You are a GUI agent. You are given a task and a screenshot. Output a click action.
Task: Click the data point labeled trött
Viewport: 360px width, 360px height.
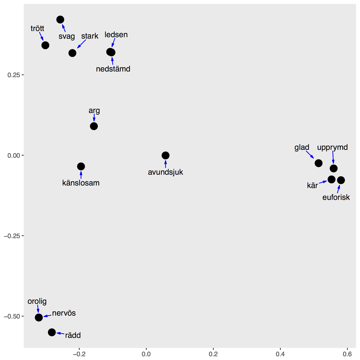coord(45,45)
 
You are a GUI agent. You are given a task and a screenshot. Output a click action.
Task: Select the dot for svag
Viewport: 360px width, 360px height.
coord(60,19)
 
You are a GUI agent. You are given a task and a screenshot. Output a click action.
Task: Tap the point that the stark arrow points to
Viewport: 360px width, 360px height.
coord(72,53)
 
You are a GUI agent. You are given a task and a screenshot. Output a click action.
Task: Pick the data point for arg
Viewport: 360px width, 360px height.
coord(94,126)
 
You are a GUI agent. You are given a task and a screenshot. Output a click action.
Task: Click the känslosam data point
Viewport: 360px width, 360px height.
coord(81,166)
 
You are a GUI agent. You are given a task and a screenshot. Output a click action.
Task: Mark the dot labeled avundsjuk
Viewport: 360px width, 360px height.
coord(165,155)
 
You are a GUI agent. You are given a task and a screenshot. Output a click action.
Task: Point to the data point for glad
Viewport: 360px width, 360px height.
coord(318,163)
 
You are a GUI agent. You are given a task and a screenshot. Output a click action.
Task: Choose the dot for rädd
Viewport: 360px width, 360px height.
coord(52,332)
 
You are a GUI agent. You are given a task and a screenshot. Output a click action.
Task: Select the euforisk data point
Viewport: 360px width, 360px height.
coord(341,180)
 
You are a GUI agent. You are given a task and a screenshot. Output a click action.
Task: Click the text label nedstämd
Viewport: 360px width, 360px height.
coord(113,69)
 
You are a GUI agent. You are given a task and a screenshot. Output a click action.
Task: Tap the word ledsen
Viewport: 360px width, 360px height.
coord(116,35)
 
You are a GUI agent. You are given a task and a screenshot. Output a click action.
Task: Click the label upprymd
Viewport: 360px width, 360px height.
coord(332,147)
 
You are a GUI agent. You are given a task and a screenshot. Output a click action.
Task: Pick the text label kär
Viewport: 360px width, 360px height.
coord(312,186)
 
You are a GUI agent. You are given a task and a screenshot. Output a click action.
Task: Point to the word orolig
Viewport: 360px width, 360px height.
coord(37,301)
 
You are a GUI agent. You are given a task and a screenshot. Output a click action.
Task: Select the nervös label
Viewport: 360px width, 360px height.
coord(64,313)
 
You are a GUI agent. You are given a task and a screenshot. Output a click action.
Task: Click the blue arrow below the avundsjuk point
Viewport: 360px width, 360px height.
coord(165,164)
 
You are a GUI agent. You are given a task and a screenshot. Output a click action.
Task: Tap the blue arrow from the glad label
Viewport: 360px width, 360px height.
coord(310,154)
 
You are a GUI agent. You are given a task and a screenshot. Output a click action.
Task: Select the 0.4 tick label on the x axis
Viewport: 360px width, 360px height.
coord(280,354)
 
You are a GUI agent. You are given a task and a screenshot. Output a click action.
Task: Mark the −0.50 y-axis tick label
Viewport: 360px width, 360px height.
coord(12,316)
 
